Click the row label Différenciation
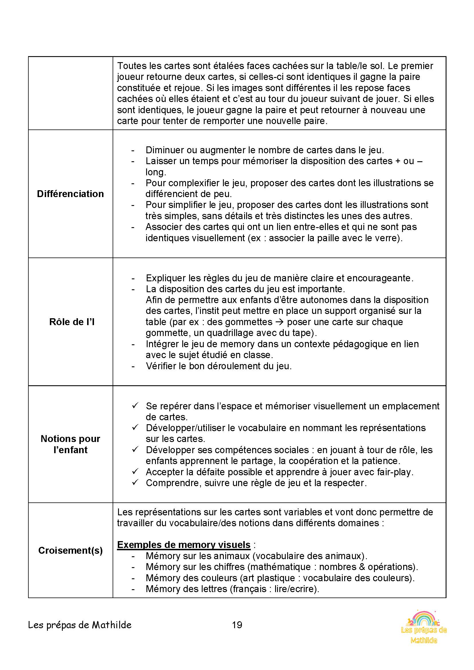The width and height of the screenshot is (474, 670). click(x=70, y=194)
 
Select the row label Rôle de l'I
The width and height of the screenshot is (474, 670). click(x=72, y=322)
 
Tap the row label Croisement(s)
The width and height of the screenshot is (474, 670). click(x=70, y=550)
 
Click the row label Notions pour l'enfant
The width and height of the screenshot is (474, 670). click(x=70, y=444)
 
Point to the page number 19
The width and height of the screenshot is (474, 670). click(x=237, y=625)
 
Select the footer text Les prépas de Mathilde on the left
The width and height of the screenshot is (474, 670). click(x=80, y=625)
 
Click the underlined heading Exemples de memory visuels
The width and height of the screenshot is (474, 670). click(x=184, y=545)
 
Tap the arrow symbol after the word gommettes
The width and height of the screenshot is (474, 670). click(x=279, y=322)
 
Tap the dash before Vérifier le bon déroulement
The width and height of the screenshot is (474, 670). click(x=133, y=366)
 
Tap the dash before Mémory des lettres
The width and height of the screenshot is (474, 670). click(x=133, y=589)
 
